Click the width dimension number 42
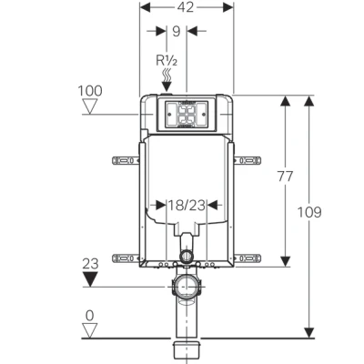[x=186, y=7]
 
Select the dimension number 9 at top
[x=175, y=31]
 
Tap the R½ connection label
[x=167, y=63]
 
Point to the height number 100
[x=90, y=92]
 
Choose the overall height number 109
[x=309, y=212]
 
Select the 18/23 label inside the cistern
[x=186, y=206]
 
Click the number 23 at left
[x=90, y=265]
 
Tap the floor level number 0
[x=89, y=316]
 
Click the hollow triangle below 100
[x=90, y=107]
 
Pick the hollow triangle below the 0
[x=89, y=331]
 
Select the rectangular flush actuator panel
[x=185, y=114]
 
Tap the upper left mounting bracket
[x=125, y=161]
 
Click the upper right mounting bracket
[x=247, y=161]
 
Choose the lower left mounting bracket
[x=125, y=258]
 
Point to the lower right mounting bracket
[x=247, y=258]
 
